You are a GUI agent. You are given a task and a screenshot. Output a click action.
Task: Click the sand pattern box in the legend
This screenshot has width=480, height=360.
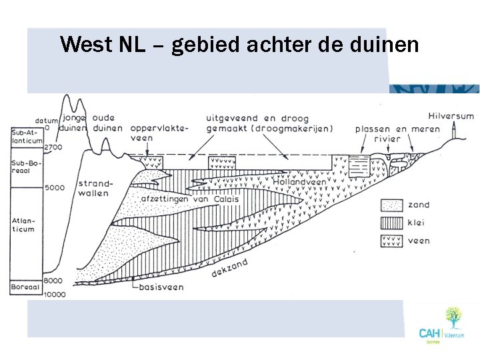pyautogui.click(x=391, y=205)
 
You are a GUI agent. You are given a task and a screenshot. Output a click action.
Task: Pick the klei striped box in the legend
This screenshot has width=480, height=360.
pyautogui.click(x=391, y=223)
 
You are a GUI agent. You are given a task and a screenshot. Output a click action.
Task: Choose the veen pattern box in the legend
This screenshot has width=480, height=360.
pyautogui.click(x=391, y=240)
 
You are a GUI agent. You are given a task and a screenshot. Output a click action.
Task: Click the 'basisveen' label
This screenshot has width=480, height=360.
pyautogui.click(x=161, y=287)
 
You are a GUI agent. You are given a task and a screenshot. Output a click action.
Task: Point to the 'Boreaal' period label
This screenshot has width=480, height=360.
pyautogui.click(x=25, y=287)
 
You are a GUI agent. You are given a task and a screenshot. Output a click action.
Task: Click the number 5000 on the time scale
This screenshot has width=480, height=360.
pyautogui.click(x=55, y=188)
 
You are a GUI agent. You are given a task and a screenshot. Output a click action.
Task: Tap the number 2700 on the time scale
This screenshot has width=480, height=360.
pyautogui.click(x=53, y=147)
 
